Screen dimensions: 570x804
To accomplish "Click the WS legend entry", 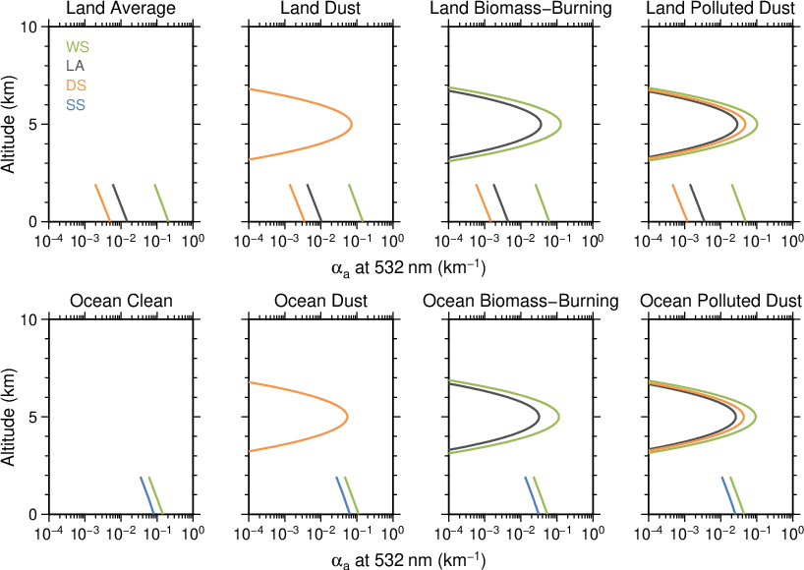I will (x=77, y=47).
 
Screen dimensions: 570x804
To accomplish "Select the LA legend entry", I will (x=76, y=66).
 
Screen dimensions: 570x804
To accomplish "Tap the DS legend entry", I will (x=77, y=85).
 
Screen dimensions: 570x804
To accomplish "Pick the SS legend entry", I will (x=76, y=105).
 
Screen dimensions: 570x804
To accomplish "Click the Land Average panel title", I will (x=120, y=9).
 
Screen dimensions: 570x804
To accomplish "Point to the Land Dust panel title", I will (x=318, y=9).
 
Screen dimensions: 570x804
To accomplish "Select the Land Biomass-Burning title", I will (x=521, y=9).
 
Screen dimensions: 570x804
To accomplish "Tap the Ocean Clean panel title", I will (x=120, y=301).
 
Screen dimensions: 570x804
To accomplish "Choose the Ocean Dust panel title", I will (x=318, y=301).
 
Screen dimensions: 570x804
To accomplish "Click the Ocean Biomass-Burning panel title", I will (x=521, y=301).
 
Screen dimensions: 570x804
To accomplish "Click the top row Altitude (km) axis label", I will (x=9, y=124).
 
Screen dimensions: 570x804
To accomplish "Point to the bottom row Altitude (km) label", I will (x=9, y=417).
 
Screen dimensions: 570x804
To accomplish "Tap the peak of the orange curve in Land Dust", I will (x=351, y=124).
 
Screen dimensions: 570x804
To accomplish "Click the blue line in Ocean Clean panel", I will (x=147, y=495).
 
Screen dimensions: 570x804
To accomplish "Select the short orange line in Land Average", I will (x=102, y=202).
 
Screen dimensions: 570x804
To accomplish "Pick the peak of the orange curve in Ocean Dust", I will (x=347, y=417).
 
